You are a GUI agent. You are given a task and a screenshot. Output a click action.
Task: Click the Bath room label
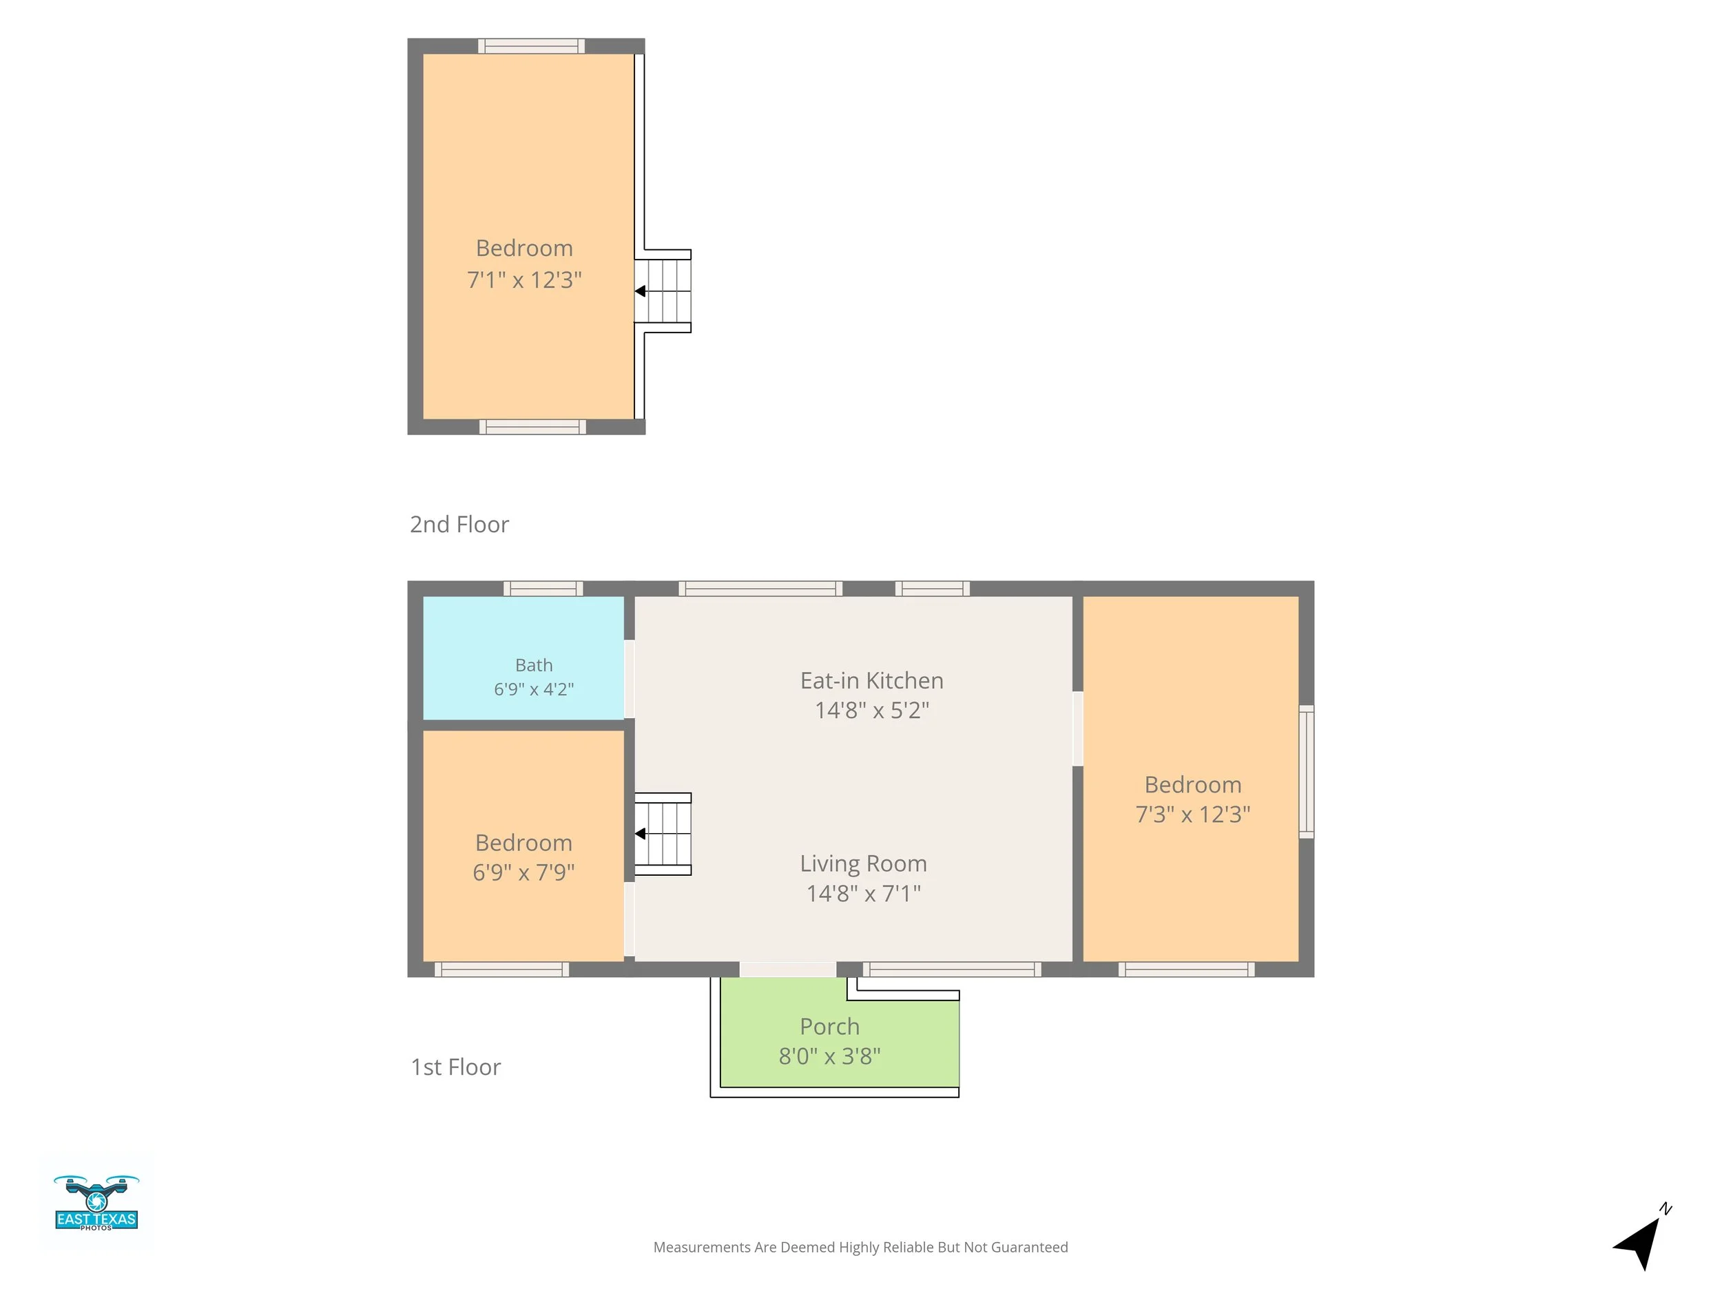tap(534, 665)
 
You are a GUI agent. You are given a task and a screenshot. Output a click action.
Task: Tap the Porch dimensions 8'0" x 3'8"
tap(830, 1056)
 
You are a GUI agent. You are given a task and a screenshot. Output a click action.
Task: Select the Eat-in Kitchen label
tap(872, 681)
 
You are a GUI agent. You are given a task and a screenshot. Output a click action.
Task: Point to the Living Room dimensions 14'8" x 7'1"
tap(863, 893)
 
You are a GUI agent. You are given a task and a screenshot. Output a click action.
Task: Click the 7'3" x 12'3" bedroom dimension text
tap(1192, 814)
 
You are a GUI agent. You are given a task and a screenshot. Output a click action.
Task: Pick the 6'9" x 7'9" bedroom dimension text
tap(524, 872)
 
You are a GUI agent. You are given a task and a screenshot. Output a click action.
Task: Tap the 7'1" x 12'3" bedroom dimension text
tap(524, 280)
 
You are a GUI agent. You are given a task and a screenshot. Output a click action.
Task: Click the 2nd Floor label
tap(459, 525)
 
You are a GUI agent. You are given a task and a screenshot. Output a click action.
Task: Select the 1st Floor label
tap(455, 1067)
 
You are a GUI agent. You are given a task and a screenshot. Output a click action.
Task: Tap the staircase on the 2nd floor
tap(663, 291)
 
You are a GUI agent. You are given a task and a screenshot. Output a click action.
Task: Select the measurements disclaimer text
tap(860, 1248)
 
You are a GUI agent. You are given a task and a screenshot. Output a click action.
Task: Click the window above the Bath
tap(543, 588)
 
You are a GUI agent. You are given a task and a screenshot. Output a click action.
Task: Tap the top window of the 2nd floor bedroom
tap(532, 46)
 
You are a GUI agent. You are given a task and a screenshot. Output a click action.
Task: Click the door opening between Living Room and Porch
tap(788, 969)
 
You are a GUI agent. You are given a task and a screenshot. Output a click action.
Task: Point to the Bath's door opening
tap(629, 679)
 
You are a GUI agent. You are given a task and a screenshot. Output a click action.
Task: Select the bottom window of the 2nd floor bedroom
tap(532, 426)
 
